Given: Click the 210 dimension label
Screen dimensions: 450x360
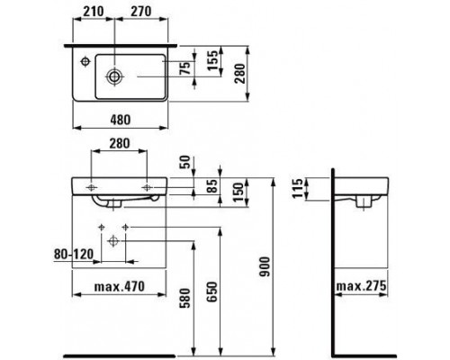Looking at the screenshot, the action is tap(94, 12).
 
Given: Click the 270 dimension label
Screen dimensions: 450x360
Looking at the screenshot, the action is tap(140, 12).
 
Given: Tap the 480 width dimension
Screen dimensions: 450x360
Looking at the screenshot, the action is tap(121, 120).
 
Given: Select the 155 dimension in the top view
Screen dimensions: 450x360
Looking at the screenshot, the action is tap(212, 60).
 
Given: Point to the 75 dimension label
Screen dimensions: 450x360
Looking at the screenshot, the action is tap(185, 68).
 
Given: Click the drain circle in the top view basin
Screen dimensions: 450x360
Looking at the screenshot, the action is tap(114, 76).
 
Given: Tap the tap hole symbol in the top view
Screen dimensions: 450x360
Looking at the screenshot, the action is tap(85, 61).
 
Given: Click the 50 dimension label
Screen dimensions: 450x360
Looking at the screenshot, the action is tap(185, 162).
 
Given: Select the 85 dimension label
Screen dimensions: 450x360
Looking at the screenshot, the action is tap(212, 186).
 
